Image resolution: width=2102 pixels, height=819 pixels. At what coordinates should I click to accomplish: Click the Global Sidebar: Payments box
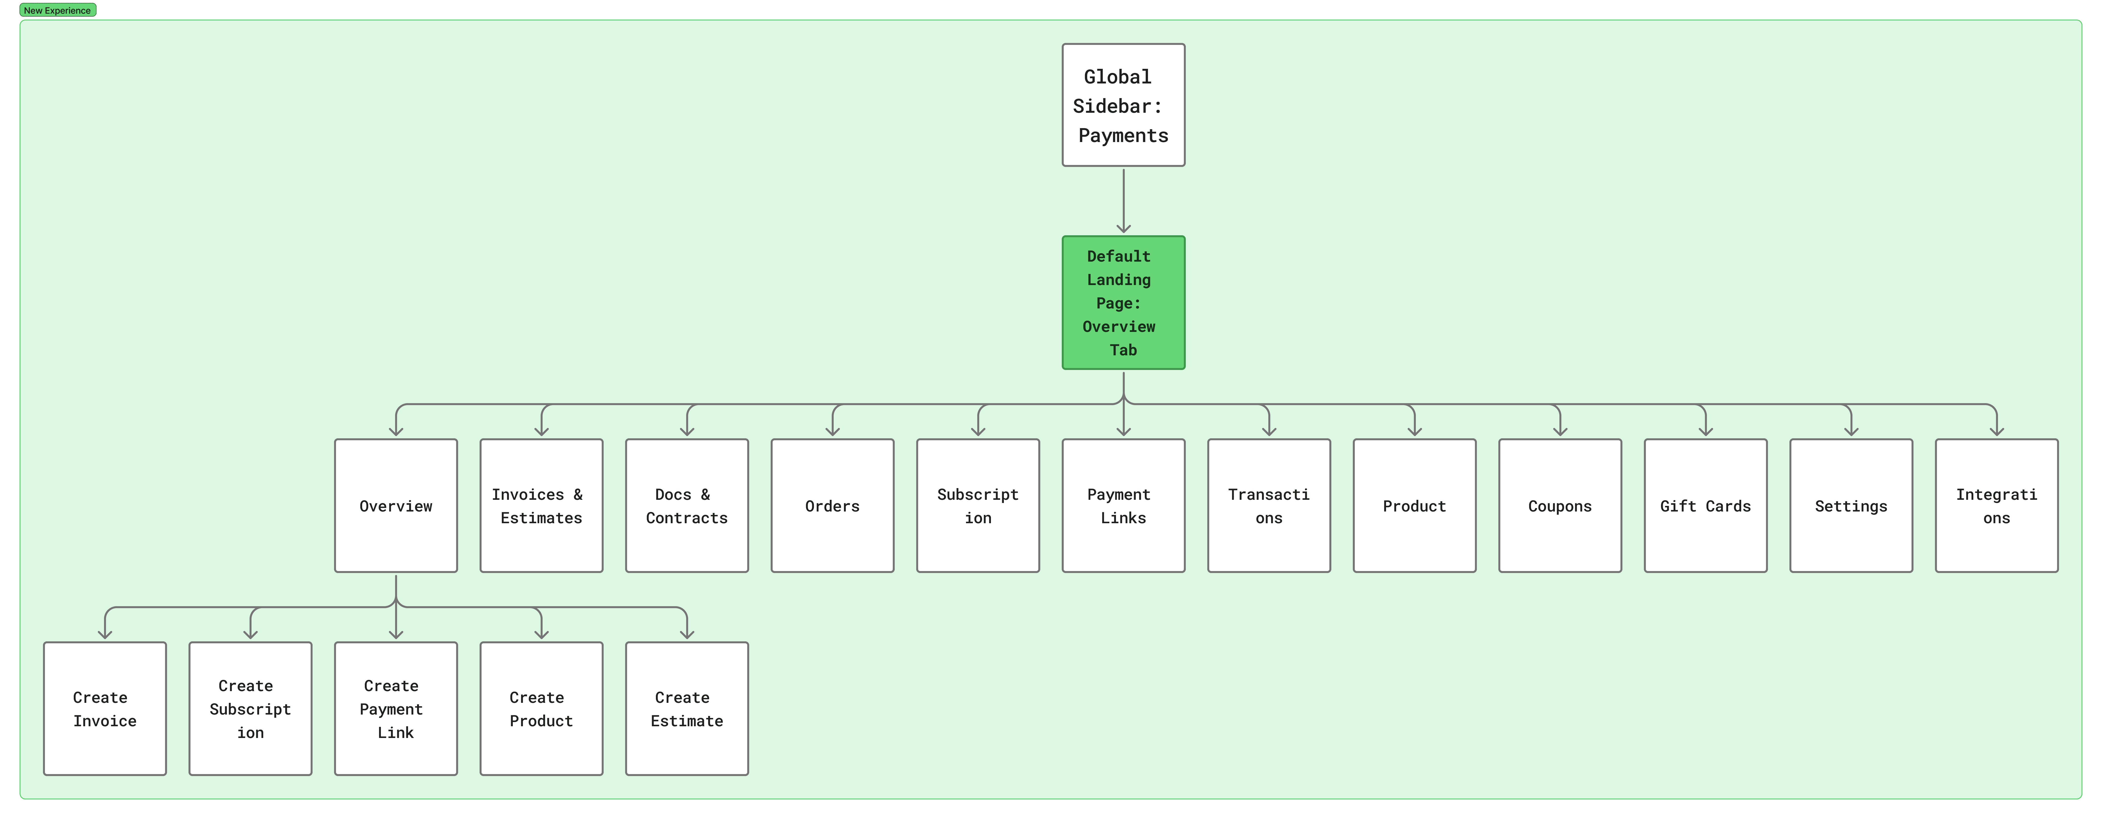(x=1123, y=105)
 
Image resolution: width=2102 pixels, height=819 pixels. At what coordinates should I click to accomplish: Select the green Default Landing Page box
(x=1123, y=303)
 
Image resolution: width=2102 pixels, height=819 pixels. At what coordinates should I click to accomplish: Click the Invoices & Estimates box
(x=541, y=506)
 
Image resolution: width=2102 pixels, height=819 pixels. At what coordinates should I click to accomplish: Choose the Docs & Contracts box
(x=686, y=506)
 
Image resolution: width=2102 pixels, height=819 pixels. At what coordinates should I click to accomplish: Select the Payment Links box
(x=1123, y=506)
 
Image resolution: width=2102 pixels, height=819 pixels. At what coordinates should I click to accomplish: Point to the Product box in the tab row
(x=1414, y=506)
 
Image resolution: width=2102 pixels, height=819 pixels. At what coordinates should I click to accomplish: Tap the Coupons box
(x=1559, y=506)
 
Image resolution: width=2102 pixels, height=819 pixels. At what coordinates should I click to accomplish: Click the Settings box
(x=1851, y=506)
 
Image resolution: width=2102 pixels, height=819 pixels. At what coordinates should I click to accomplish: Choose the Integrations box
(x=1996, y=506)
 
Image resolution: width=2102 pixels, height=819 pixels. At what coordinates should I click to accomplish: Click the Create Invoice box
(x=105, y=708)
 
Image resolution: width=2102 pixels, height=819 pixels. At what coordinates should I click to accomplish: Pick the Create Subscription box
(x=250, y=708)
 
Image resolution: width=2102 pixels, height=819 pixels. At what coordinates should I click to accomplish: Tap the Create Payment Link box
(x=396, y=708)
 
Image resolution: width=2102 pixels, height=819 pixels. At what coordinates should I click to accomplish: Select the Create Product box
(x=541, y=708)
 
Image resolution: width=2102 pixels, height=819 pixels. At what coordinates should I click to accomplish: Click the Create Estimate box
(x=686, y=708)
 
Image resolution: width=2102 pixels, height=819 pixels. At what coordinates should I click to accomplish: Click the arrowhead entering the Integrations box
(x=1996, y=430)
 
